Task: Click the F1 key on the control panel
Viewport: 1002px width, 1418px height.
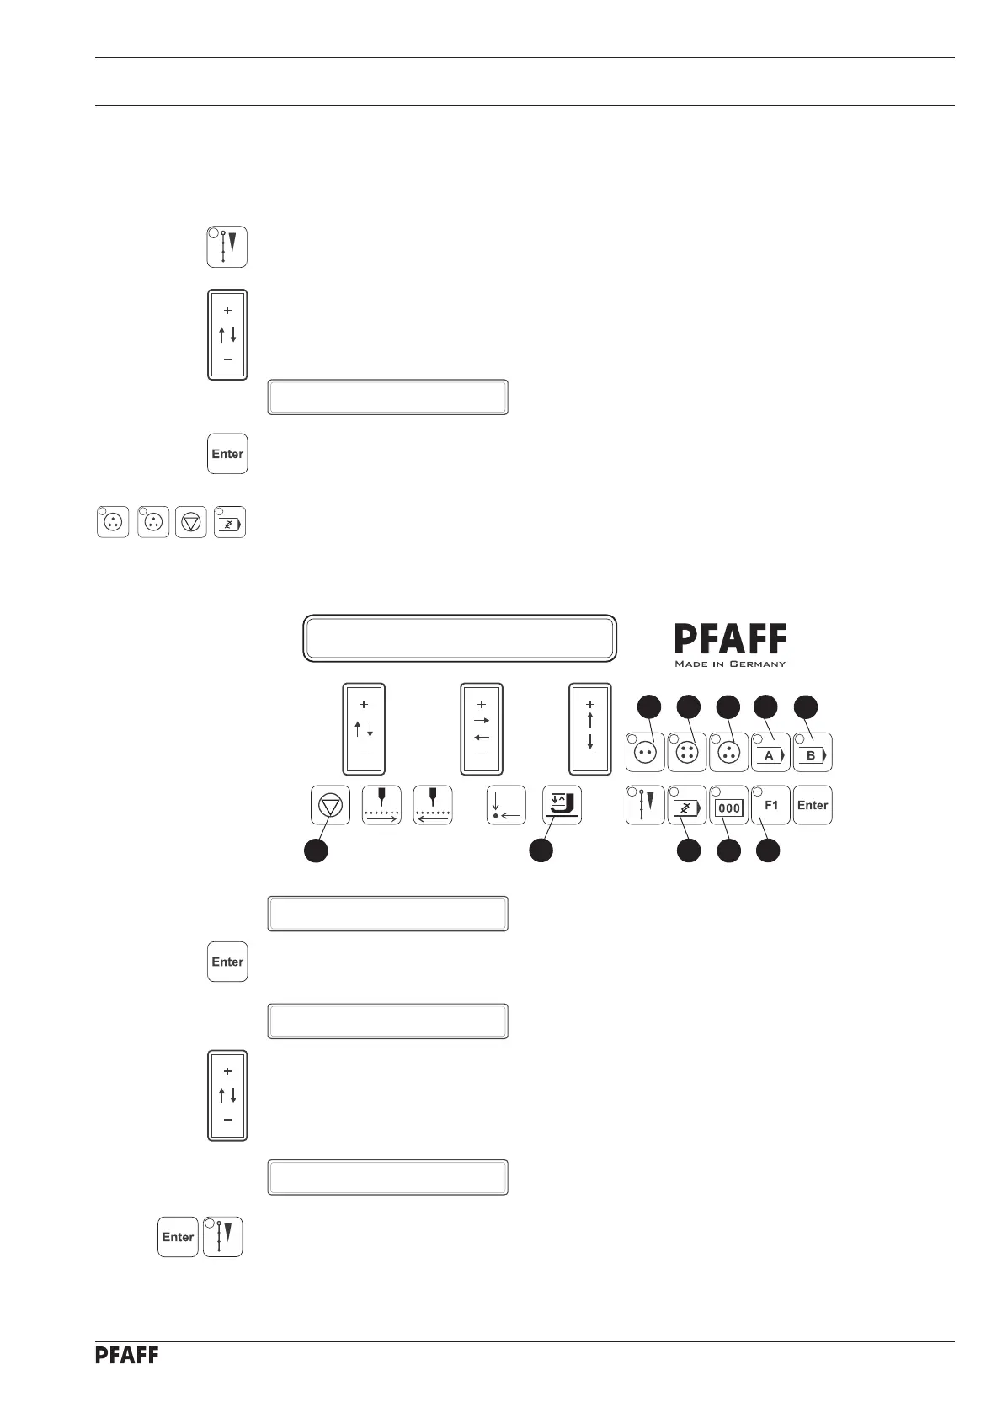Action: point(770,805)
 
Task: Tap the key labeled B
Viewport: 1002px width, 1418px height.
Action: point(813,753)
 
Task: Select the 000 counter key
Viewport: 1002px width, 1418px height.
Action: point(729,806)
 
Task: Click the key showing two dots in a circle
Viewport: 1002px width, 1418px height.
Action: point(646,753)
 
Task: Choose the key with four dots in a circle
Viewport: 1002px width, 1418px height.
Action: point(687,753)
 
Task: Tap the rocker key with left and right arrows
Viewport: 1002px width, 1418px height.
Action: point(482,728)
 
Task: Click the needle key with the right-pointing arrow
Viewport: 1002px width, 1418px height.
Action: point(381,805)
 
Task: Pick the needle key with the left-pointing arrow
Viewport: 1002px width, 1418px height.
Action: point(433,805)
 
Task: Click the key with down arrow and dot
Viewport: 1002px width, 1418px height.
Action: point(507,805)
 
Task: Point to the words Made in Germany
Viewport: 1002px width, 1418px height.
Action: point(730,664)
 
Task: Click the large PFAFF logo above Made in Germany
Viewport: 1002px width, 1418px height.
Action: point(730,640)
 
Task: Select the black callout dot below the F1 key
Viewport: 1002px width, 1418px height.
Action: point(767,850)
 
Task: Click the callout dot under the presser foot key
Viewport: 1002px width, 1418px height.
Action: point(541,850)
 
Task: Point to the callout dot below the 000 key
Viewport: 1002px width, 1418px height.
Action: point(728,850)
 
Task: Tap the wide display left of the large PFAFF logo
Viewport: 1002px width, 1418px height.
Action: point(460,638)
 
